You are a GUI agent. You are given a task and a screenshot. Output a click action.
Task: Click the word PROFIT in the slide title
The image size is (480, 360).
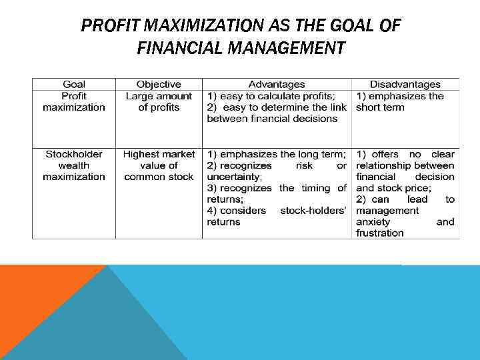(x=111, y=27)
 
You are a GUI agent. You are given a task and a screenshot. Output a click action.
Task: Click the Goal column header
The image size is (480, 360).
(x=74, y=84)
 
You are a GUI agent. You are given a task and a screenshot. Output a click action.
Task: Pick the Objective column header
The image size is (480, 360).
(x=159, y=84)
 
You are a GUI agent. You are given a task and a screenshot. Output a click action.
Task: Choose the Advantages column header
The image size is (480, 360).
(x=277, y=84)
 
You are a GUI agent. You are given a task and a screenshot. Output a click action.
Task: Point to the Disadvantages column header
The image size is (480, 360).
(x=405, y=84)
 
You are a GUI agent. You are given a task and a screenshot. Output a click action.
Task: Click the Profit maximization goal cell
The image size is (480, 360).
(x=74, y=101)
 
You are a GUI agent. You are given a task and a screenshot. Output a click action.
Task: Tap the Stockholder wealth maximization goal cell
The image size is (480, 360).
(x=74, y=165)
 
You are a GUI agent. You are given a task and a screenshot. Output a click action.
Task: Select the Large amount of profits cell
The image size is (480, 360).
(x=159, y=101)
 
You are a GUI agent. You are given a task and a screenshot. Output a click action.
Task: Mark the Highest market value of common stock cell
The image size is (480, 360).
(x=159, y=165)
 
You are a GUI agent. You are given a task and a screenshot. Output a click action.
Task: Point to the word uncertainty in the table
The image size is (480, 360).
(x=233, y=177)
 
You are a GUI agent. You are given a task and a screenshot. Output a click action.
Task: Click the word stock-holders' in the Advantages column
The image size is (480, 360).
(x=313, y=211)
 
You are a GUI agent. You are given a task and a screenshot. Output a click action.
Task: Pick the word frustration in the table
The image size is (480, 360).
(x=380, y=233)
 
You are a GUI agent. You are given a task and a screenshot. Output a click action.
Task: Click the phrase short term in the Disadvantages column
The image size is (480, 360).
(x=380, y=107)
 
